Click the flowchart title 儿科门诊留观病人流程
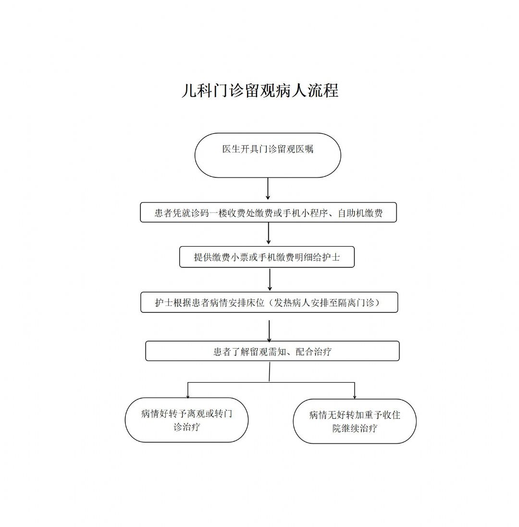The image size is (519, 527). tap(260, 90)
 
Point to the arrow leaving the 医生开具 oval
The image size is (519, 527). tap(268, 188)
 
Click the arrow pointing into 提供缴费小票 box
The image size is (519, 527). tap(269, 233)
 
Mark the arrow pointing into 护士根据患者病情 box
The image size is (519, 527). tap(270, 279)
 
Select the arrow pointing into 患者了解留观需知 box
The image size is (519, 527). tap(269, 331)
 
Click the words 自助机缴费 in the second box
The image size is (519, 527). tap(360, 213)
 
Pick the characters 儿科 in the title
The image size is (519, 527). tap(197, 90)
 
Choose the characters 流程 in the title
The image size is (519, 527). tap(323, 90)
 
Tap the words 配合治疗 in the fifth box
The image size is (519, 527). tap(314, 352)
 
